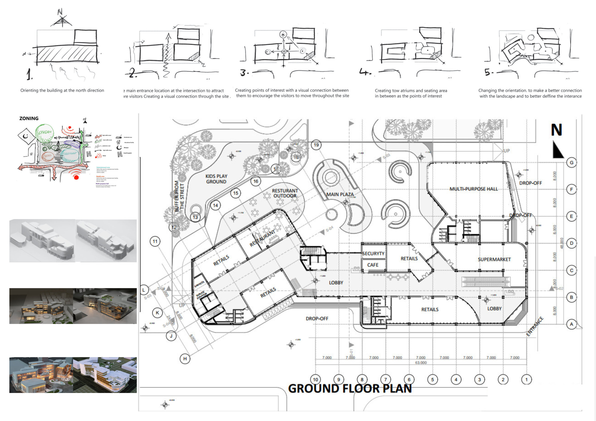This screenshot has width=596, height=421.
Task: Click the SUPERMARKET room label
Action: pyautogui.click(x=494, y=259)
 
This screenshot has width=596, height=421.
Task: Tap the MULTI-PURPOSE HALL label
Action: pyautogui.click(x=473, y=189)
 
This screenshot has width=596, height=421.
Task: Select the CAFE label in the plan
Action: pyautogui.click(x=373, y=265)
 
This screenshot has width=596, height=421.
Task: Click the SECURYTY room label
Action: pyautogui.click(x=373, y=253)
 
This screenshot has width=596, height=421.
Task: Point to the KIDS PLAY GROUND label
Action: pyautogui.click(x=216, y=179)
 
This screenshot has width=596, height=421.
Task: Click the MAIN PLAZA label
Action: pyautogui.click(x=340, y=194)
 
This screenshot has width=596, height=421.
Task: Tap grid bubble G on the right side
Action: pyautogui.click(x=571, y=163)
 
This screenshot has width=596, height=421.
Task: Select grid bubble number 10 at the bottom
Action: pyautogui.click(x=316, y=379)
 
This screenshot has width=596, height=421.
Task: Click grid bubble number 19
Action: pyautogui.click(x=316, y=145)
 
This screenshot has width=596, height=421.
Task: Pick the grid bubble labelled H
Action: pyautogui.click(x=185, y=359)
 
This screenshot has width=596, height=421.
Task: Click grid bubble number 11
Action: pyautogui.click(x=155, y=241)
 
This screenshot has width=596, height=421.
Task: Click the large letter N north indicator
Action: pyautogui.click(x=556, y=130)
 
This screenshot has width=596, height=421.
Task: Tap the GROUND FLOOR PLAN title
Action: pyautogui.click(x=350, y=388)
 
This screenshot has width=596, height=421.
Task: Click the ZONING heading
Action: pyautogui.click(x=29, y=118)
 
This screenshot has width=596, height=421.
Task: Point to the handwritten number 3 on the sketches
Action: pyautogui.click(x=243, y=73)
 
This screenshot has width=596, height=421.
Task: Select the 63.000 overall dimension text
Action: pyautogui.click(x=421, y=363)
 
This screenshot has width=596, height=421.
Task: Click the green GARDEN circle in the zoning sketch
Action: pyautogui.click(x=45, y=133)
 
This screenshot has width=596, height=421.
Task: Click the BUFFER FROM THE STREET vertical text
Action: pyautogui.click(x=179, y=196)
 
